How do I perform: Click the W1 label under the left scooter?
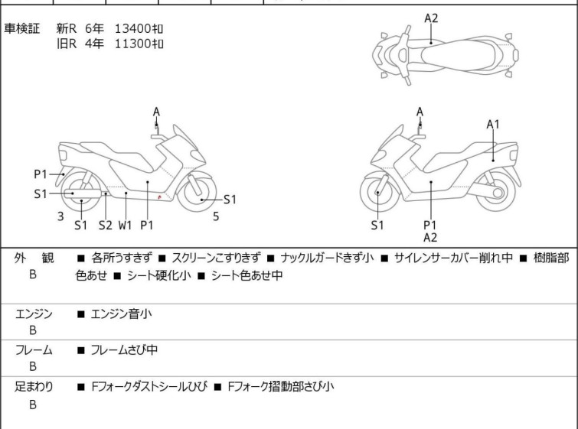pos(125,225)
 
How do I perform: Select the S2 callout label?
pos(105,225)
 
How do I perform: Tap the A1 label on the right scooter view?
pos(493,125)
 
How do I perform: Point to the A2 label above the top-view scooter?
pos(431,18)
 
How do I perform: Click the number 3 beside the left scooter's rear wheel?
pos(60,216)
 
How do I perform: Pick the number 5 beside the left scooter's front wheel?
pos(216,216)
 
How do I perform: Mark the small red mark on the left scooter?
pos(159,197)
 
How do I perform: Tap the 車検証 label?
pos(21,28)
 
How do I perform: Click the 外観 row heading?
pos(34,258)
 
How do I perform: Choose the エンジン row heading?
pos(34,314)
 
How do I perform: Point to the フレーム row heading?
pos(34,349)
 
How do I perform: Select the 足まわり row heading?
pos(34,386)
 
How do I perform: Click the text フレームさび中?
pos(124,349)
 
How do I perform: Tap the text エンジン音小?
pos(121,314)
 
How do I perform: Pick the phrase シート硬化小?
pos(159,275)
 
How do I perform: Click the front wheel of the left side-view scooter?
pos(197,192)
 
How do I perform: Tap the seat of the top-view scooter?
pos(458,55)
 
